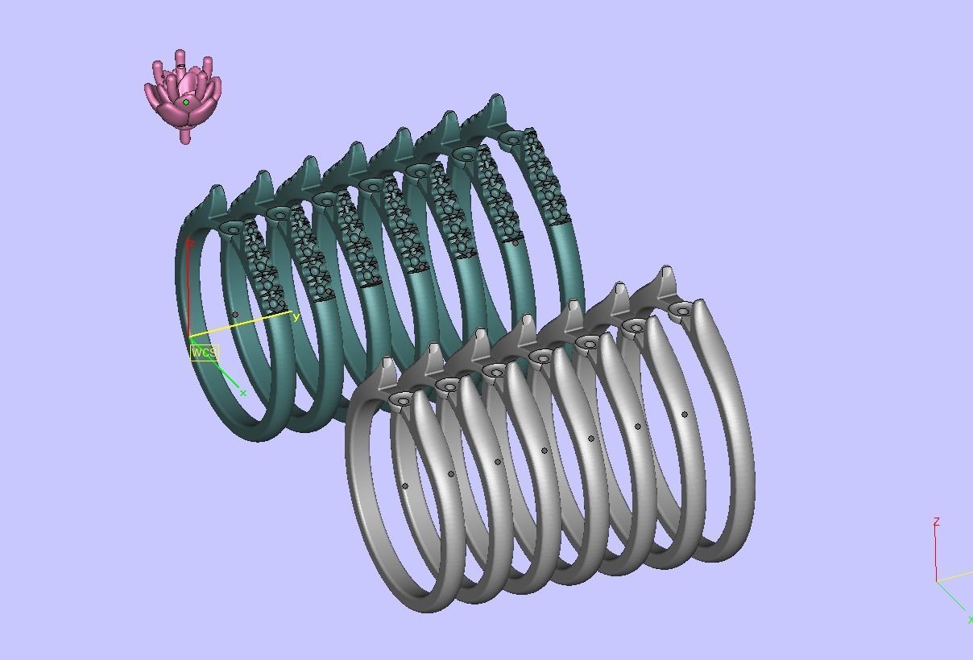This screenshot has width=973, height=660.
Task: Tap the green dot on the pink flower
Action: click(x=186, y=102)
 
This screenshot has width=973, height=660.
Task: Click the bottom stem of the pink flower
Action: click(x=186, y=136)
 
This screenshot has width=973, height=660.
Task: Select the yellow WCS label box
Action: click(x=205, y=353)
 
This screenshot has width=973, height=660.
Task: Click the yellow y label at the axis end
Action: click(x=296, y=317)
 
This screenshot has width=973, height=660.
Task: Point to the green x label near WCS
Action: click(x=243, y=394)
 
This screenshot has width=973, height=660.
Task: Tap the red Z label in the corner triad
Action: click(x=936, y=522)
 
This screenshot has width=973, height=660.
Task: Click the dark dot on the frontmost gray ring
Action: click(x=405, y=485)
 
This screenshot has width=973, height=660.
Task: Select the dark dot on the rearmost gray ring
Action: click(x=685, y=415)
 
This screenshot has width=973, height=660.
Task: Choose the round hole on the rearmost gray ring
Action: click(x=682, y=310)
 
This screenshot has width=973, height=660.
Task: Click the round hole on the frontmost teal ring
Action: click(x=233, y=229)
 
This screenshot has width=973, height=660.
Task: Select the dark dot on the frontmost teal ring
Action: click(x=235, y=316)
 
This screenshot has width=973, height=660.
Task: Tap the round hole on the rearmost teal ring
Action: click(x=513, y=139)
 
